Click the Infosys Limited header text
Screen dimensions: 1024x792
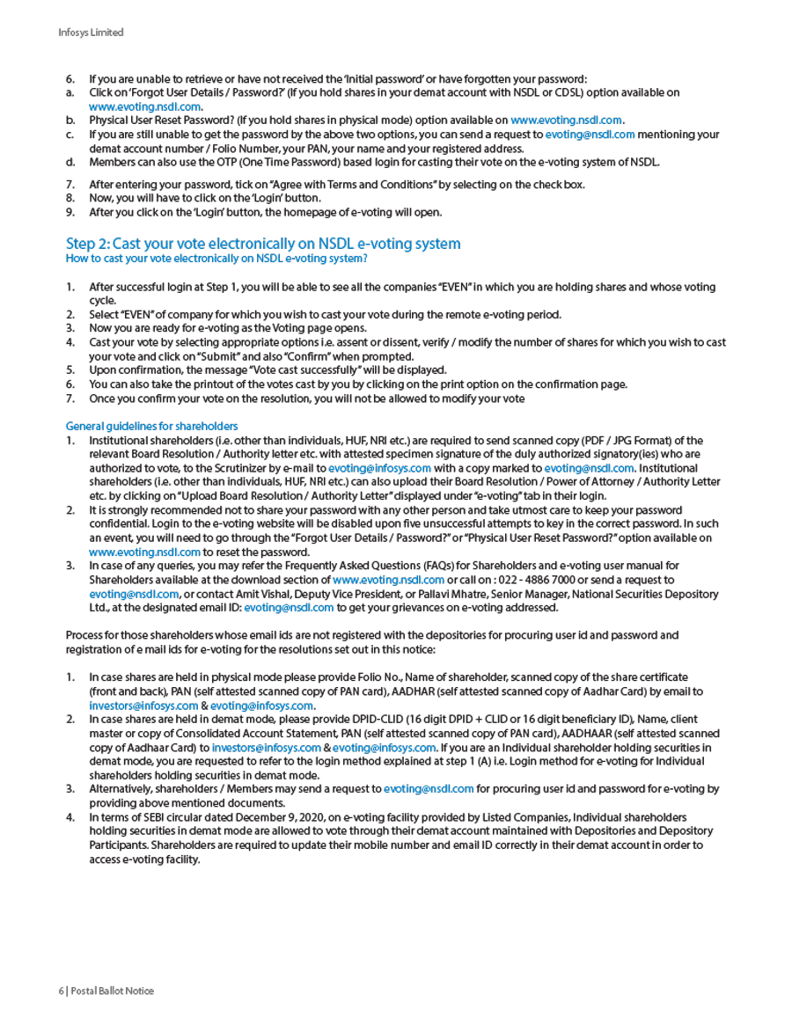[91, 33]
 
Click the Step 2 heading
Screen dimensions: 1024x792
[263, 244]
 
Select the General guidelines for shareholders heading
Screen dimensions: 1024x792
[151, 427]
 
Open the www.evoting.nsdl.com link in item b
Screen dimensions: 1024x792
[567, 121]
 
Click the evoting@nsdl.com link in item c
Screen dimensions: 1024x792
[590, 135]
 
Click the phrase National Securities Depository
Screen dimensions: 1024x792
[646, 595]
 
